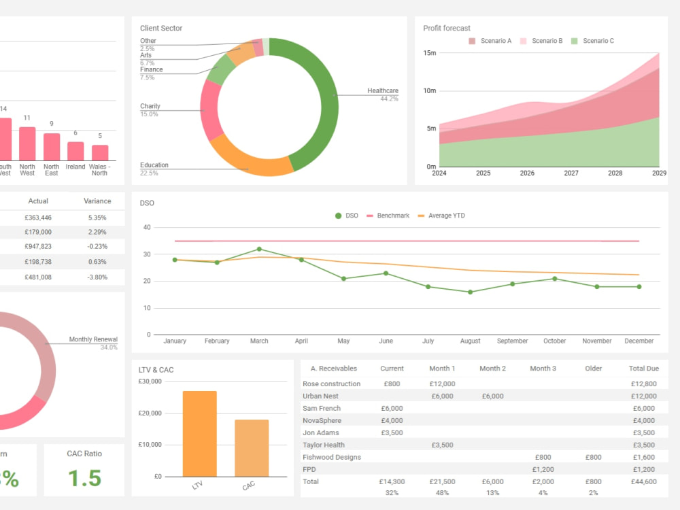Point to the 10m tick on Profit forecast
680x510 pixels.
[x=429, y=91]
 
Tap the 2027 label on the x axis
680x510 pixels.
[x=571, y=173]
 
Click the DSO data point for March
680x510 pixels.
[x=259, y=249]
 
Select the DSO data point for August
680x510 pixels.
[x=470, y=292]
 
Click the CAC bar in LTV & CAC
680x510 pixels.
[x=252, y=448]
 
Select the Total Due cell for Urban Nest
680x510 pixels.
[x=643, y=396]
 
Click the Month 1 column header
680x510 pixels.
[x=442, y=369]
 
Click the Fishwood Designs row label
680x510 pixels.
[x=332, y=458]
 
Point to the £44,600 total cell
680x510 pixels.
[x=643, y=482]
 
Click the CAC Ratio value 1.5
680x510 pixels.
[x=84, y=478]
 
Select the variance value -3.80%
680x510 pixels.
[x=97, y=277]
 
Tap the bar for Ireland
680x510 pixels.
[x=75, y=151]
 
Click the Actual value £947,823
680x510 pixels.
[x=39, y=247]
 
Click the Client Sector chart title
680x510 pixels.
[x=161, y=29]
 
